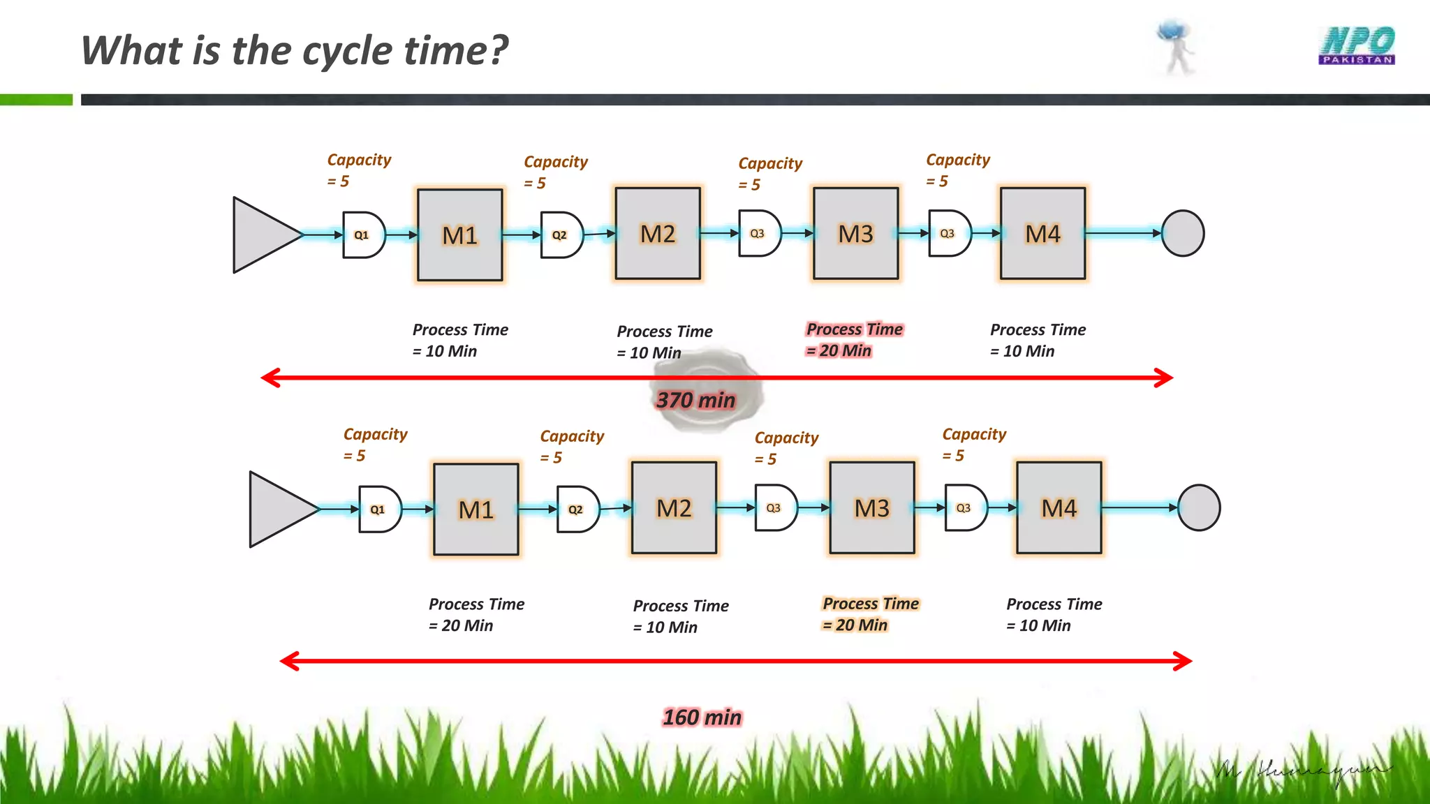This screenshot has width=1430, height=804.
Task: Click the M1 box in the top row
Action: [459, 235]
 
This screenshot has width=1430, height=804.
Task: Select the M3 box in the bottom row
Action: [871, 508]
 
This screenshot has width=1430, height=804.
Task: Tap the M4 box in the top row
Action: [1042, 234]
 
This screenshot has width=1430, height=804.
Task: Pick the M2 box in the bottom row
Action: [674, 508]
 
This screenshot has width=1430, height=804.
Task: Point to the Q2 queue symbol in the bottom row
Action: [577, 509]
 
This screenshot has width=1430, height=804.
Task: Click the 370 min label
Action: [695, 400]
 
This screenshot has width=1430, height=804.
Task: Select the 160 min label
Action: [702, 717]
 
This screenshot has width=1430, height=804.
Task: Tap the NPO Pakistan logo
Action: [1357, 46]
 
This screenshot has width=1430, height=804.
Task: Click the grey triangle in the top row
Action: [262, 235]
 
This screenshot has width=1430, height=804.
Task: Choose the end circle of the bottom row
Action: [1198, 508]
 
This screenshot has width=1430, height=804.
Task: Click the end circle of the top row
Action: [1182, 234]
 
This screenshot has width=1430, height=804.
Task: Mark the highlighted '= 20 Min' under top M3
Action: [839, 350]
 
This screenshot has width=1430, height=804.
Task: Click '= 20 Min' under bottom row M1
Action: [461, 625]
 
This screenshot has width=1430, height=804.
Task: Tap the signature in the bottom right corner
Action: [1302, 772]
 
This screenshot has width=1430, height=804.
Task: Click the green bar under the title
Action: [36, 100]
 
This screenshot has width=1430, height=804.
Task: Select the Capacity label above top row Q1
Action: [359, 160]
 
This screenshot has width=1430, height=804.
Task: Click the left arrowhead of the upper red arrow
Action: [270, 378]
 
